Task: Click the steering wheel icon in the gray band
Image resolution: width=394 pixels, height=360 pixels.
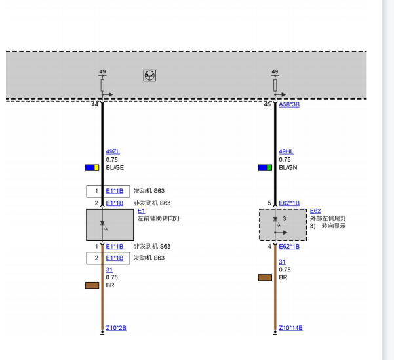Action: point(149,75)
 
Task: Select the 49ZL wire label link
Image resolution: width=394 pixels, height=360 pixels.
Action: point(113,151)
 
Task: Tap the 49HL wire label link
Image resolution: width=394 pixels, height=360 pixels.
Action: point(286,151)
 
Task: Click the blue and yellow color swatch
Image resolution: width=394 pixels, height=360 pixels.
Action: point(92,168)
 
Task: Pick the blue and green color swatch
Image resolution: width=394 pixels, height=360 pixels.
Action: point(265,168)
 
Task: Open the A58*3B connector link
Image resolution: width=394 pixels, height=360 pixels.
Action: point(289,104)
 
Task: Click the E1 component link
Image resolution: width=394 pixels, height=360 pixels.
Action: point(141,211)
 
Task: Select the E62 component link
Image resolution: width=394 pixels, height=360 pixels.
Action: point(315,211)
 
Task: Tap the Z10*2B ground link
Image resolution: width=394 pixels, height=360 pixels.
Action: point(116,328)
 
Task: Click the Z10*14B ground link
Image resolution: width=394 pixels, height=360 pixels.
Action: point(290,328)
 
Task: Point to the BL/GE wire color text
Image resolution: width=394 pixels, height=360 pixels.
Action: point(115,168)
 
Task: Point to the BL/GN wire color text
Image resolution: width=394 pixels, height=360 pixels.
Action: point(288,168)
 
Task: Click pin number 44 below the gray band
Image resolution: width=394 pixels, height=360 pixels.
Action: point(95,104)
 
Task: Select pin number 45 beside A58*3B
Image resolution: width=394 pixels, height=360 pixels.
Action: point(267,104)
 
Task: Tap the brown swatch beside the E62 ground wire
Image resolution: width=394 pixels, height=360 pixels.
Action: point(265,277)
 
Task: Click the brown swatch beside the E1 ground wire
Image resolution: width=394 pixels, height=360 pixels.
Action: point(92,285)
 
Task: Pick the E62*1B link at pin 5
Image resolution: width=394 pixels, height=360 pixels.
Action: point(289,203)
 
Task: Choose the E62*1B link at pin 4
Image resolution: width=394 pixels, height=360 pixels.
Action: point(289,247)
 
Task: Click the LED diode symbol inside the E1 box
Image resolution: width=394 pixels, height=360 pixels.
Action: point(102,223)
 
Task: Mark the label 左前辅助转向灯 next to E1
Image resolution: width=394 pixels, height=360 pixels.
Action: point(159,218)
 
